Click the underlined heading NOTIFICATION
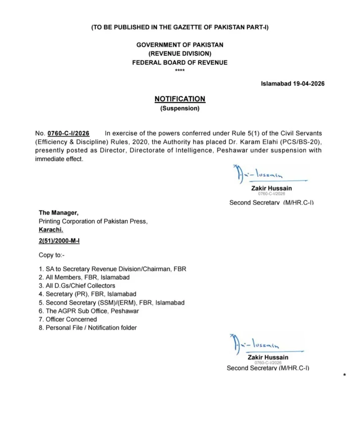180,99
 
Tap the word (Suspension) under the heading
180,108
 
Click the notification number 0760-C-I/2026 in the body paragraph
68,133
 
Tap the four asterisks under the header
180,70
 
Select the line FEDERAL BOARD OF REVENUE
180,62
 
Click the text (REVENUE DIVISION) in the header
180,54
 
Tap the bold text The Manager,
59,213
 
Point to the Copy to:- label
52,255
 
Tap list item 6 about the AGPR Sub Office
89,311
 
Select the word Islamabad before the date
274,84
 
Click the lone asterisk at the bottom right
345,375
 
